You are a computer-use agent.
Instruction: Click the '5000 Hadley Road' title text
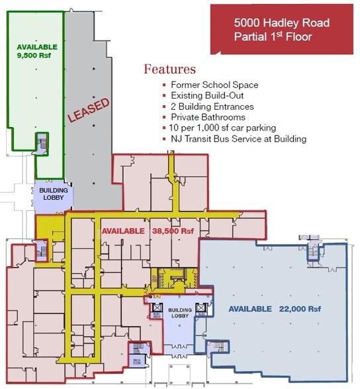[281, 22]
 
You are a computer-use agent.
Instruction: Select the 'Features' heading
[169, 69]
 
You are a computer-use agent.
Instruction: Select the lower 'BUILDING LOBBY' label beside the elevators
[179, 313]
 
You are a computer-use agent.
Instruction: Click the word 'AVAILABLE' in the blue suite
[249, 309]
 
